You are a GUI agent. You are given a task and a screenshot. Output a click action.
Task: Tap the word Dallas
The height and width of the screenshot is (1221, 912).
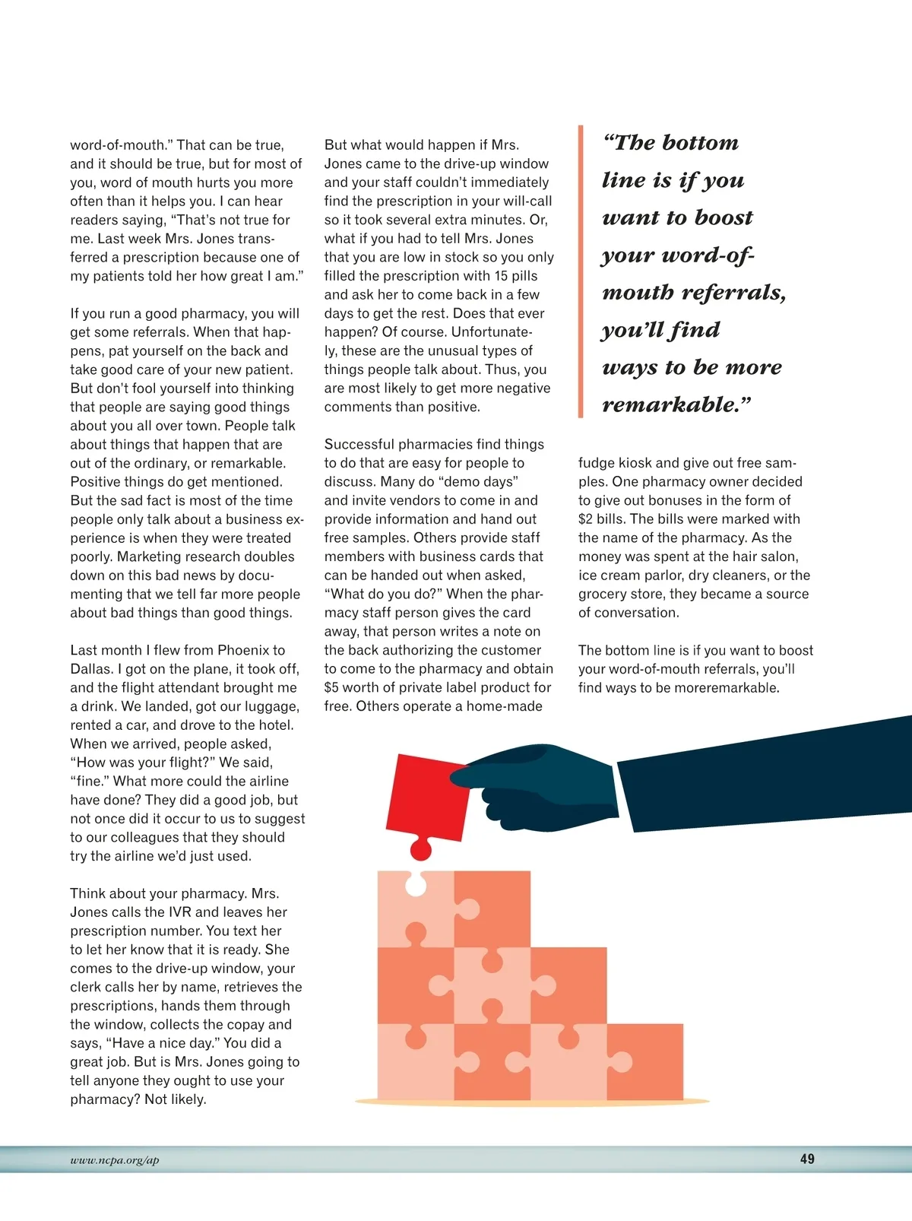click(91, 669)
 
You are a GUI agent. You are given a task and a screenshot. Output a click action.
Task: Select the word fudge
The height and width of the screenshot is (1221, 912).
click(597, 463)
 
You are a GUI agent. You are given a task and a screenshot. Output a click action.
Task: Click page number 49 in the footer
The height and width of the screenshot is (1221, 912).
click(807, 1159)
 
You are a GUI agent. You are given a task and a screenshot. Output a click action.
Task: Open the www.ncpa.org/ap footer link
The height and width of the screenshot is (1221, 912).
click(115, 1160)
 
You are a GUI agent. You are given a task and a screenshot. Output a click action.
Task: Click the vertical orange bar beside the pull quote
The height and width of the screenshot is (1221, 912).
click(581, 271)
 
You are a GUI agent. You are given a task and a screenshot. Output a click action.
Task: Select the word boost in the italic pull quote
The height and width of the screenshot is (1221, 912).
click(724, 218)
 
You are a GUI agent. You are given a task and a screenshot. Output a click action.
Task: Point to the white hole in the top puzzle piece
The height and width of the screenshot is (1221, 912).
click(416, 884)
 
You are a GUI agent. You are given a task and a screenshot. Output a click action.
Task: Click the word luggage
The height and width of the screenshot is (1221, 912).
click(272, 706)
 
